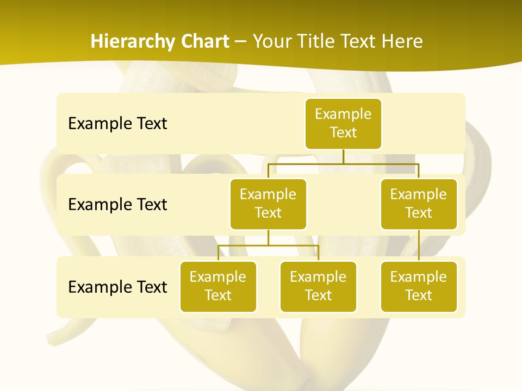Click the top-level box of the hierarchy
[343, 123]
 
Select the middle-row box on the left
[268, 204]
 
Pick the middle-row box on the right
[419, 204]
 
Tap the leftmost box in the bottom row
[218, 286]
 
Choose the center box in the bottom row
[318, 286]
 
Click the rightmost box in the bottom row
[419, 286]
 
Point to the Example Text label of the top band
[117, 124]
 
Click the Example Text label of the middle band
[117, 205]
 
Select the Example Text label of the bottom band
[117, 287]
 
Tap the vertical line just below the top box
[343, 156]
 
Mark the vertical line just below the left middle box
[268, 237]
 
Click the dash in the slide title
[240, 42]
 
